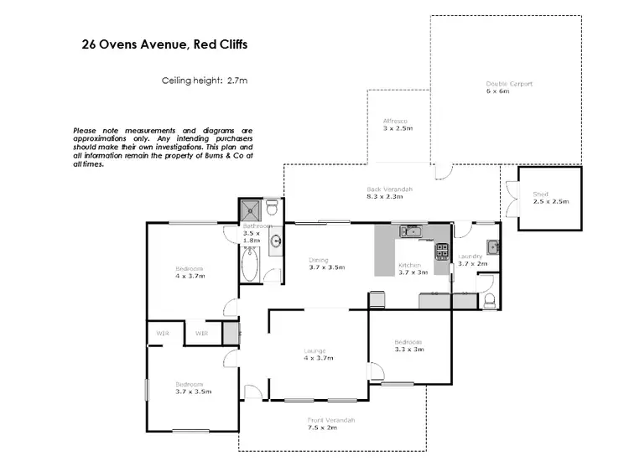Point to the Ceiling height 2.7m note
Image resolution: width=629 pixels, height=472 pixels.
(205, 80)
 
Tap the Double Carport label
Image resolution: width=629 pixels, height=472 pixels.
(509, 87)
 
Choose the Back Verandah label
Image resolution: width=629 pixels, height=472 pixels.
(389, 193)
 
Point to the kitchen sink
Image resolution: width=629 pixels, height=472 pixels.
(411, 232)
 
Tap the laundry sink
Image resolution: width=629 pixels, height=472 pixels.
(493, 246)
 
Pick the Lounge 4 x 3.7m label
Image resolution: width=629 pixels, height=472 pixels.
(318, 354)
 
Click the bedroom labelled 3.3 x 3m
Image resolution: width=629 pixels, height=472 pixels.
(408, 345)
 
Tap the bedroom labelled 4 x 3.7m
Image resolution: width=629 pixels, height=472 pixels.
(189, 272)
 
